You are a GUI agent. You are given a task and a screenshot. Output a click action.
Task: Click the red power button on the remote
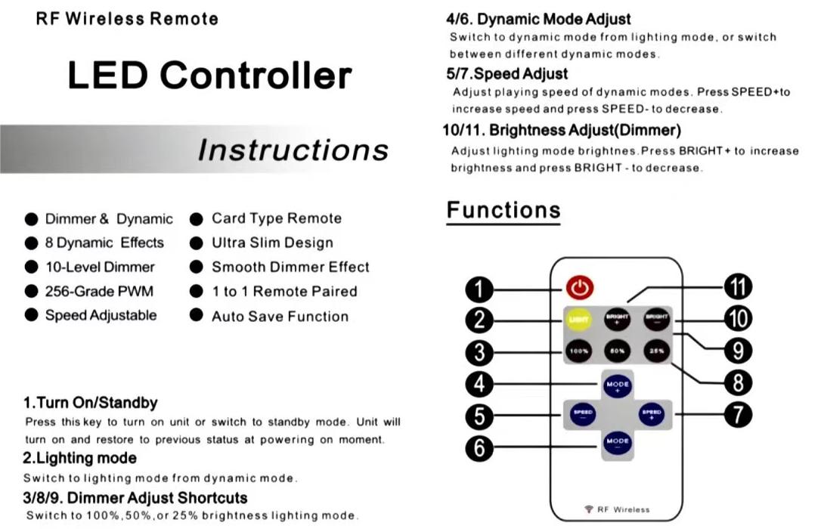tap(580, 287)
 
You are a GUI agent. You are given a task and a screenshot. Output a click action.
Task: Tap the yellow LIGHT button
tap(580, 319)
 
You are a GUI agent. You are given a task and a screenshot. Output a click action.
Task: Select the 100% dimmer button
tap(580, 351)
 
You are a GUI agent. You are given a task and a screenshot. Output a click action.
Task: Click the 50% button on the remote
tap(617, 351)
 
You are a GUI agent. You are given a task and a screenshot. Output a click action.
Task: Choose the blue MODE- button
tap(617, 441)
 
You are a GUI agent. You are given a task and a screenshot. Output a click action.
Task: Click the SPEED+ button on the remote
tap(652, 413)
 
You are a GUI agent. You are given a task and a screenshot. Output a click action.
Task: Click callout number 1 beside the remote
tap(479, 289)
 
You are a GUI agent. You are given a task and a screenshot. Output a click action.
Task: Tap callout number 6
tap(479, 448)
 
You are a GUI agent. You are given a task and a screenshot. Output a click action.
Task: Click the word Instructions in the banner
tap(293, 150)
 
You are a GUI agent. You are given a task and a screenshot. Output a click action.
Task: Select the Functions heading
tap(503, 210)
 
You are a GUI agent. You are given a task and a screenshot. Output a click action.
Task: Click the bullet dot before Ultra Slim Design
tap(197, 243)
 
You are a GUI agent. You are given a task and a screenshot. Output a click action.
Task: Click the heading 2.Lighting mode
tap(79, 458)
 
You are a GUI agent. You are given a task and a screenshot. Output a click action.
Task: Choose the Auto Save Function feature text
tap(280, 317)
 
